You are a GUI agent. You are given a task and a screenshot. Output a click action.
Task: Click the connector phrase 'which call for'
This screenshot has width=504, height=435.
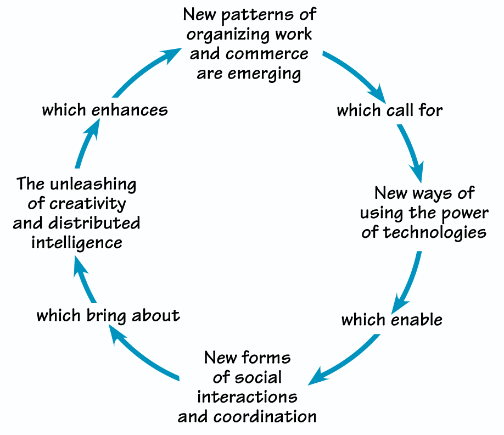pos(389,110)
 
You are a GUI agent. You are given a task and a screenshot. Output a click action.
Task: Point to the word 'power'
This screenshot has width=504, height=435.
pos(463,213)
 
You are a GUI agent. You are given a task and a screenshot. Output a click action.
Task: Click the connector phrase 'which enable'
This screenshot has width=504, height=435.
pos(391,319)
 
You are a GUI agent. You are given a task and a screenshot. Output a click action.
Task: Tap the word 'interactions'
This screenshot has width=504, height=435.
pos(247,397)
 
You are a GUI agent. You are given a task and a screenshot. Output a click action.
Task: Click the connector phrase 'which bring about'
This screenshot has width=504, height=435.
pos(108,315)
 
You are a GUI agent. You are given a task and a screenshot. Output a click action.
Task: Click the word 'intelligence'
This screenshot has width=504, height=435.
pos(76,242)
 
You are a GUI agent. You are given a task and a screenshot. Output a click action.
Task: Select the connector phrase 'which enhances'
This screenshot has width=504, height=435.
pos(105,109)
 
